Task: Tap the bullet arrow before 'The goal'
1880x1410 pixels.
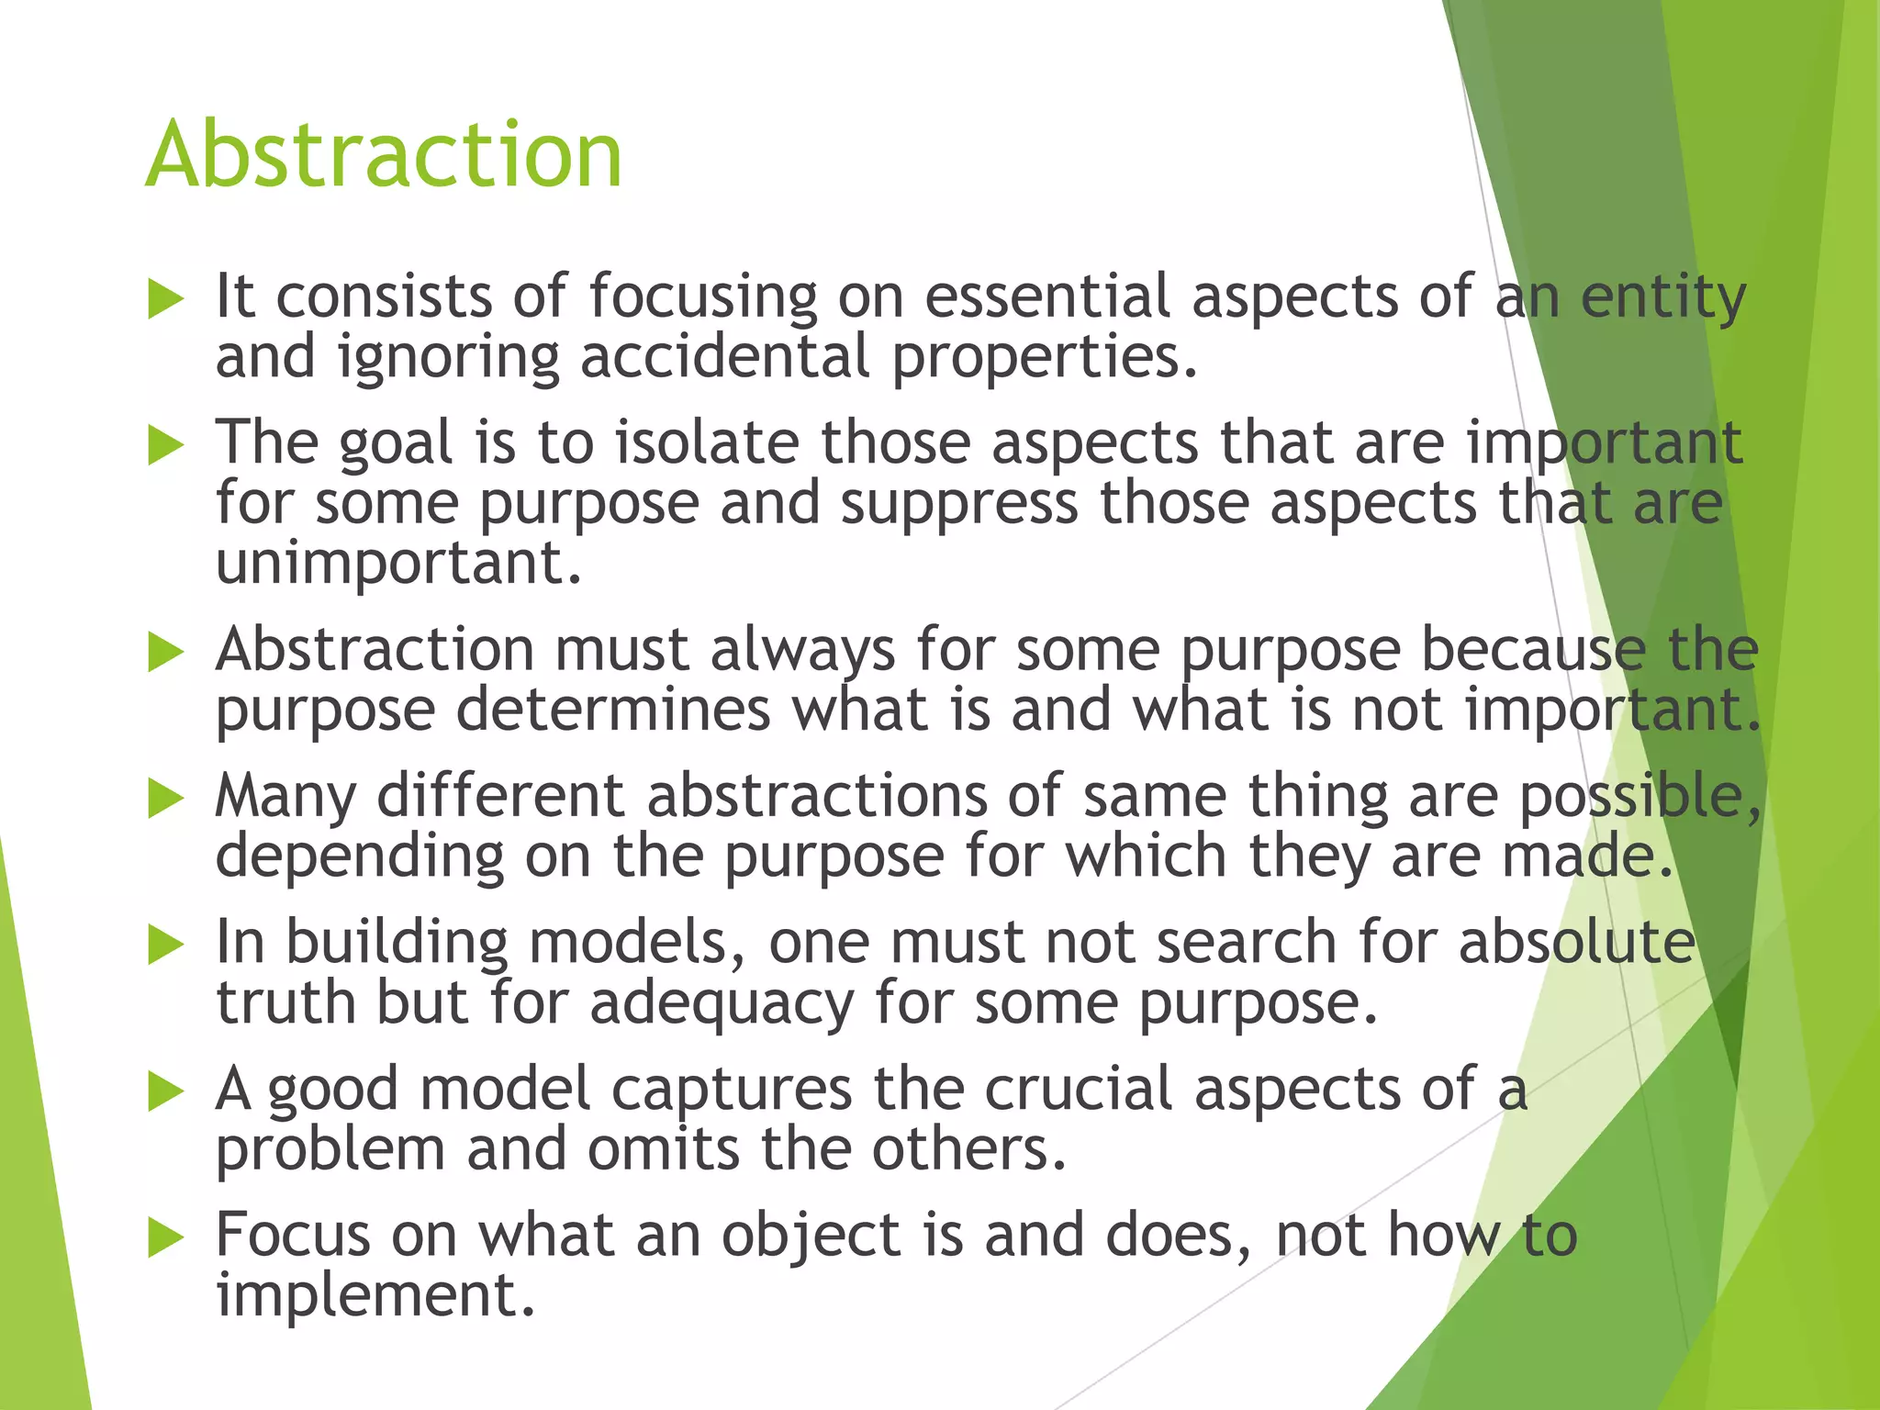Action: click(x=165, y=446)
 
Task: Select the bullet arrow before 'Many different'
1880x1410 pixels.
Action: click(x=165, y=799)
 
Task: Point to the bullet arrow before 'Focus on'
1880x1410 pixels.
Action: click(x=165, y=1238)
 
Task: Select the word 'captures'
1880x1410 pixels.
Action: click(x=732, y=1090)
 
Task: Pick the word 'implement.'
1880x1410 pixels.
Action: click(x=375, y=1294)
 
